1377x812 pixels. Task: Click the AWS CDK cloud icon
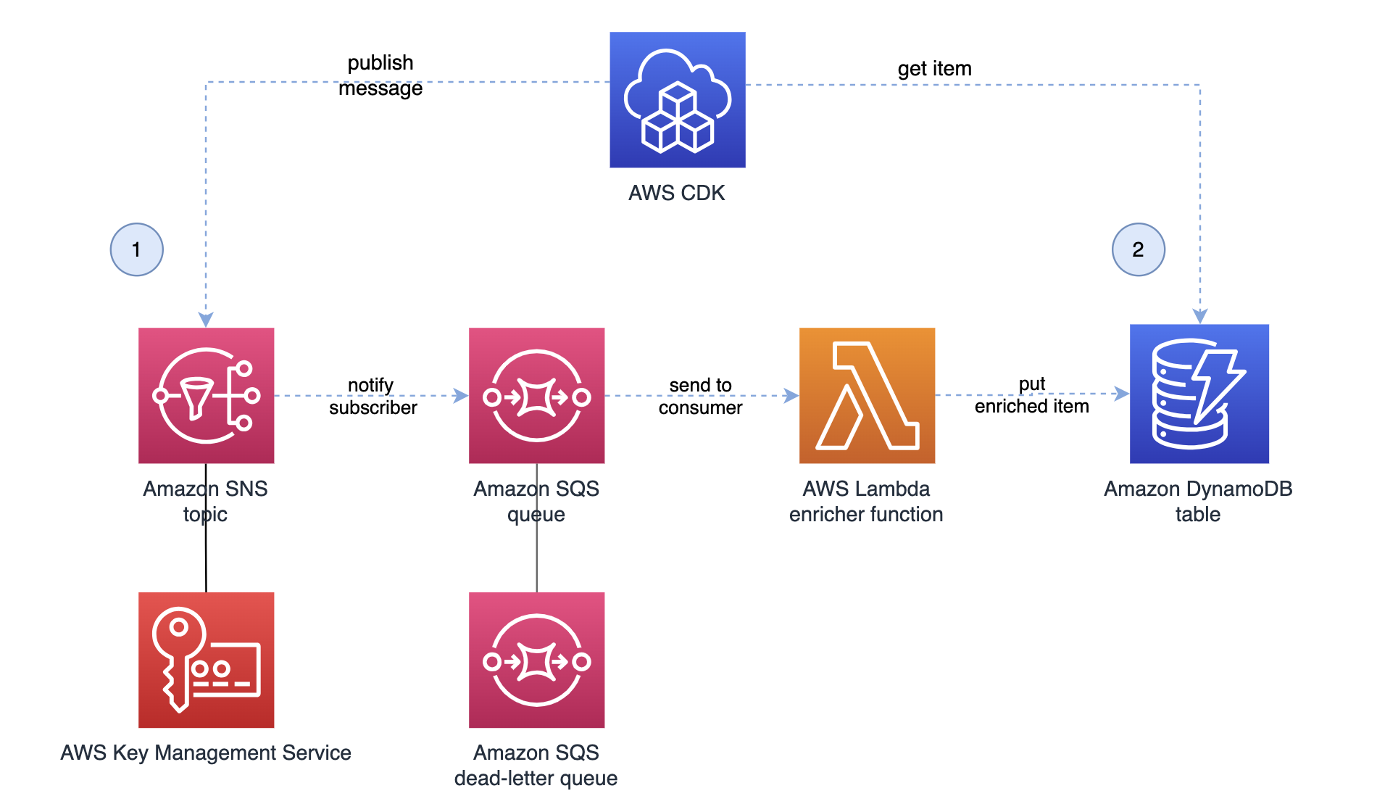(x=677, y=100)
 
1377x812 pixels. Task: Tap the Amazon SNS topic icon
(x=206, y=395)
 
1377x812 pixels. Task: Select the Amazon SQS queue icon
(x=536, y=395)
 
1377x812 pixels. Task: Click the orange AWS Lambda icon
(x=867, y=395)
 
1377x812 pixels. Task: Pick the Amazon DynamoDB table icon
(x=1199, y=394)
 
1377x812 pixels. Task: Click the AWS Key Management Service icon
(x=206, y=660)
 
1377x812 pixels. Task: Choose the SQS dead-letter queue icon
(x=536, y=660)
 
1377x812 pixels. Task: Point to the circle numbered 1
(x=136, y=249)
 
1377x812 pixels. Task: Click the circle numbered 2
(x=1138, y=249)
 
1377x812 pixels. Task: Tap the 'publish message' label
(x=380, y=75)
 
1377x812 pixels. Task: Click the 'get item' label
(x=934, y=69)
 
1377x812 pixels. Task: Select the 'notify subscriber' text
(x=373, y=396)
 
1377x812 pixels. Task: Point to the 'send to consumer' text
(x=700, y=396)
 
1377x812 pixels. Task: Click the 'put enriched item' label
(x=1031, y=395)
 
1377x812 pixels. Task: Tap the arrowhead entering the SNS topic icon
(x=206, y=320)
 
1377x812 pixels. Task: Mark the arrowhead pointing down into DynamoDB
(x=1200, y=316)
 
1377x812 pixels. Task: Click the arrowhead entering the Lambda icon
(x=791, y=396)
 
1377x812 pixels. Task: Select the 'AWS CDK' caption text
(x=676, y=193)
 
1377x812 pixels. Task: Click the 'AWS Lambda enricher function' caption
(x=866, y=501)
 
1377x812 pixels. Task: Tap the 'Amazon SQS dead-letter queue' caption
(x=536, y=765)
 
